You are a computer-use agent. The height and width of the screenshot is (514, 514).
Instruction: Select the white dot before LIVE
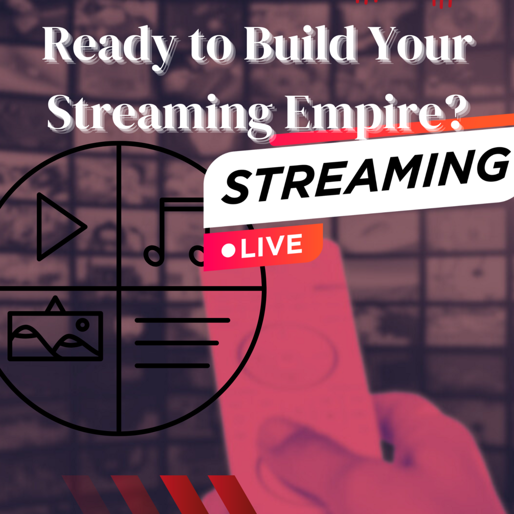click(229, 251)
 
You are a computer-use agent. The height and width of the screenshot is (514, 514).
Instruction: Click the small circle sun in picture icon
click(82, 324)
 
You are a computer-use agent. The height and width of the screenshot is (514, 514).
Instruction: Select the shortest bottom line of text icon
click(172, 365)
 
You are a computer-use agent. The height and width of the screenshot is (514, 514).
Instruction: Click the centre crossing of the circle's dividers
click(119, 288)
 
